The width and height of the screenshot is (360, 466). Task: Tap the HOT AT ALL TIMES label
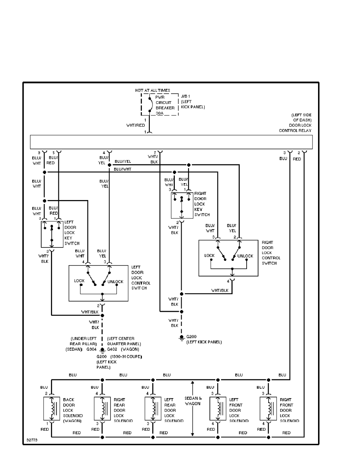click(153, 90)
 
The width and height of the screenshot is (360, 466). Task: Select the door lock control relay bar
click(171, 142)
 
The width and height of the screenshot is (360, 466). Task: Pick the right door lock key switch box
click(182, 205)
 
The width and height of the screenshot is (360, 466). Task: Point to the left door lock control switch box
click(98, 283)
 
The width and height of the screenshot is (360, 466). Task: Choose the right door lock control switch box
click(228, 258)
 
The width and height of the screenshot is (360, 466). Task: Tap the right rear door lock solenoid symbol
click(102, 410)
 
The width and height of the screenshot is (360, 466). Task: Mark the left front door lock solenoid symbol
click(218, 410)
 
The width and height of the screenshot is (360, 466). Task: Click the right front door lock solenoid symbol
click(269, 410)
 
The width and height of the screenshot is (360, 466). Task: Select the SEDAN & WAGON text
click(193, 400)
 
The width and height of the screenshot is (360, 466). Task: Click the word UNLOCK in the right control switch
click(245, 256)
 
